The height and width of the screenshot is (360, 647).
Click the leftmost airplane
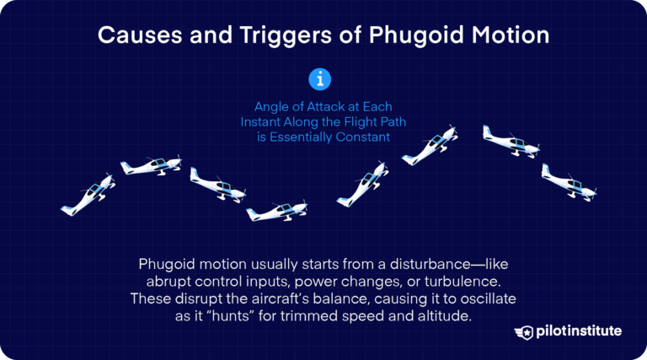coord(88,195)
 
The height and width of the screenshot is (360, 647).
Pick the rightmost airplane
coord(568,182)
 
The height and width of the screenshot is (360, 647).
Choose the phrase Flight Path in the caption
coord(361,122)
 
